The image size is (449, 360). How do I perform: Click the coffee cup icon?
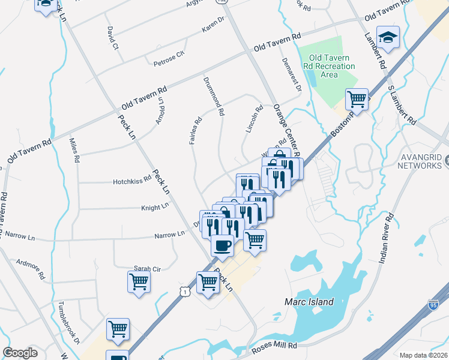click(222, 245)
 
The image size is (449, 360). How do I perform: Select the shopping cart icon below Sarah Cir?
click(139, 281)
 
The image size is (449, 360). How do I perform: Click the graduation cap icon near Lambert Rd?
click(388, 37)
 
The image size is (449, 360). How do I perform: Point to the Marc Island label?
click(309, 302)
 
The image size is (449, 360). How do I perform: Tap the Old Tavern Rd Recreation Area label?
click(329, 66)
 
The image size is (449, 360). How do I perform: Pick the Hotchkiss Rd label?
click(132, 181)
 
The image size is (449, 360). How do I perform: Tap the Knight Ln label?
click(155, 208)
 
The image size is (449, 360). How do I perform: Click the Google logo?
click(20, 353)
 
